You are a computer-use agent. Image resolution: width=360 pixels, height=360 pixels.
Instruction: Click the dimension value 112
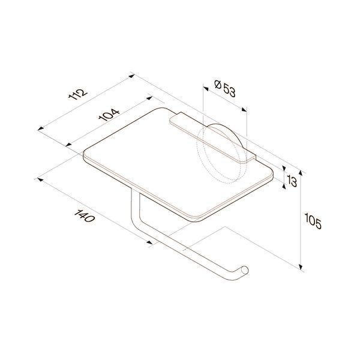click(x=78, y=94)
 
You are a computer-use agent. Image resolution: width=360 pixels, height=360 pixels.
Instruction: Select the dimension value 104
click(x=109, y=115)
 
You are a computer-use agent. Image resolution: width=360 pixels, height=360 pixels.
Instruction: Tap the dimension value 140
click(x=84, y=216)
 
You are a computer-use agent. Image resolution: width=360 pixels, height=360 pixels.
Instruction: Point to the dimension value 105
click(x=313, y=221)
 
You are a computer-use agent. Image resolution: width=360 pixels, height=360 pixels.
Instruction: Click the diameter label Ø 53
click(x=225, y=88)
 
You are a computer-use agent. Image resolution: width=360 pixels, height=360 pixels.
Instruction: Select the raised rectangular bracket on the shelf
click(x=212, y=138)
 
